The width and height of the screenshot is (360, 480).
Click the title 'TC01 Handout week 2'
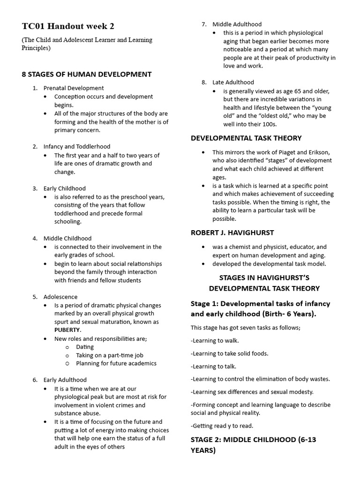68,26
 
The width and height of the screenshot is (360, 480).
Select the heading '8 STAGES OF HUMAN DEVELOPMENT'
87,74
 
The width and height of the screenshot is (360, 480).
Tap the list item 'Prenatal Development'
74,88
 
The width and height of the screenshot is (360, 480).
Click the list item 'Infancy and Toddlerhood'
77,147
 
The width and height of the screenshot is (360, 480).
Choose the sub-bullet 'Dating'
85,347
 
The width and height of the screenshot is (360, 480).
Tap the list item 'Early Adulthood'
65,380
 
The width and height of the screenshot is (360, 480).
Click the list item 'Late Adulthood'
233,82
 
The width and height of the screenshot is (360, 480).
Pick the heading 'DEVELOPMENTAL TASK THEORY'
246,138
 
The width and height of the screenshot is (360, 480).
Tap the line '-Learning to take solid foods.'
229,353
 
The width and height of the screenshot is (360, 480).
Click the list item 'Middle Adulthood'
237,24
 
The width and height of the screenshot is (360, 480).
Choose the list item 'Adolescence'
60,297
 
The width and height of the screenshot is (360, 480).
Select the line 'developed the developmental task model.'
269,264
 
